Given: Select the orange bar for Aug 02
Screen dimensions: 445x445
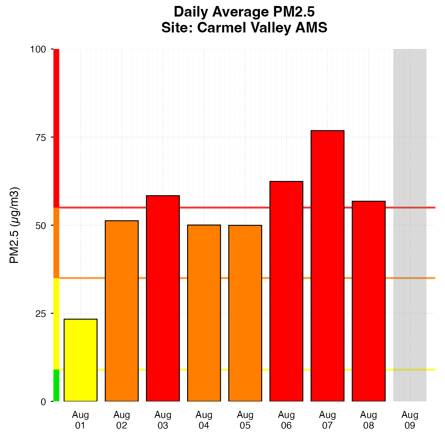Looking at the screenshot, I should pos(122,311).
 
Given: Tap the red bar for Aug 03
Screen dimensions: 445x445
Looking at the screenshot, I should pos(163,298).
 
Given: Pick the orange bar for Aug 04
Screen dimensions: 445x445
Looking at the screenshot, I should pos(204,313).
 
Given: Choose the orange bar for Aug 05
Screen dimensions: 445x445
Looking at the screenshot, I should pos(245,313).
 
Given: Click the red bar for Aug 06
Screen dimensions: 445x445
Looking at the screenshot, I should pos(286,291).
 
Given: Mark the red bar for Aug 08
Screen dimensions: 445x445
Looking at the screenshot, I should pos(369,301).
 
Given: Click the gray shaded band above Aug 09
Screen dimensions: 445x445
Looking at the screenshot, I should pos(410,225).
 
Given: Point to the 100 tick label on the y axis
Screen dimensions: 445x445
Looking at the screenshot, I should pos(38,50).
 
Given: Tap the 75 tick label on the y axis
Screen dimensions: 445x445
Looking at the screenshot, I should pos(40,137).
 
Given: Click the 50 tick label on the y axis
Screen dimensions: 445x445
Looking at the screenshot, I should pos(40,225).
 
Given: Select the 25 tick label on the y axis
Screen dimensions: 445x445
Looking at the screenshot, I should pos(40,314).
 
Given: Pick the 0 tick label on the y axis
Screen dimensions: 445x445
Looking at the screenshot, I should pos(43,402).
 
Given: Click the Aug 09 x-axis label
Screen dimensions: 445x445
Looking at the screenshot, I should pos(410,420).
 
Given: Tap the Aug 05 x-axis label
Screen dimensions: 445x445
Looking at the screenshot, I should pos(245,420).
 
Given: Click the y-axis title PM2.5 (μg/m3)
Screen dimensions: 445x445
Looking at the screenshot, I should pos(15,225).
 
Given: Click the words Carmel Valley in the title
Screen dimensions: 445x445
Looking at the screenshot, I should pos(245,28).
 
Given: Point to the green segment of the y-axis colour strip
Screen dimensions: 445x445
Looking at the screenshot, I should pos(56,385).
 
